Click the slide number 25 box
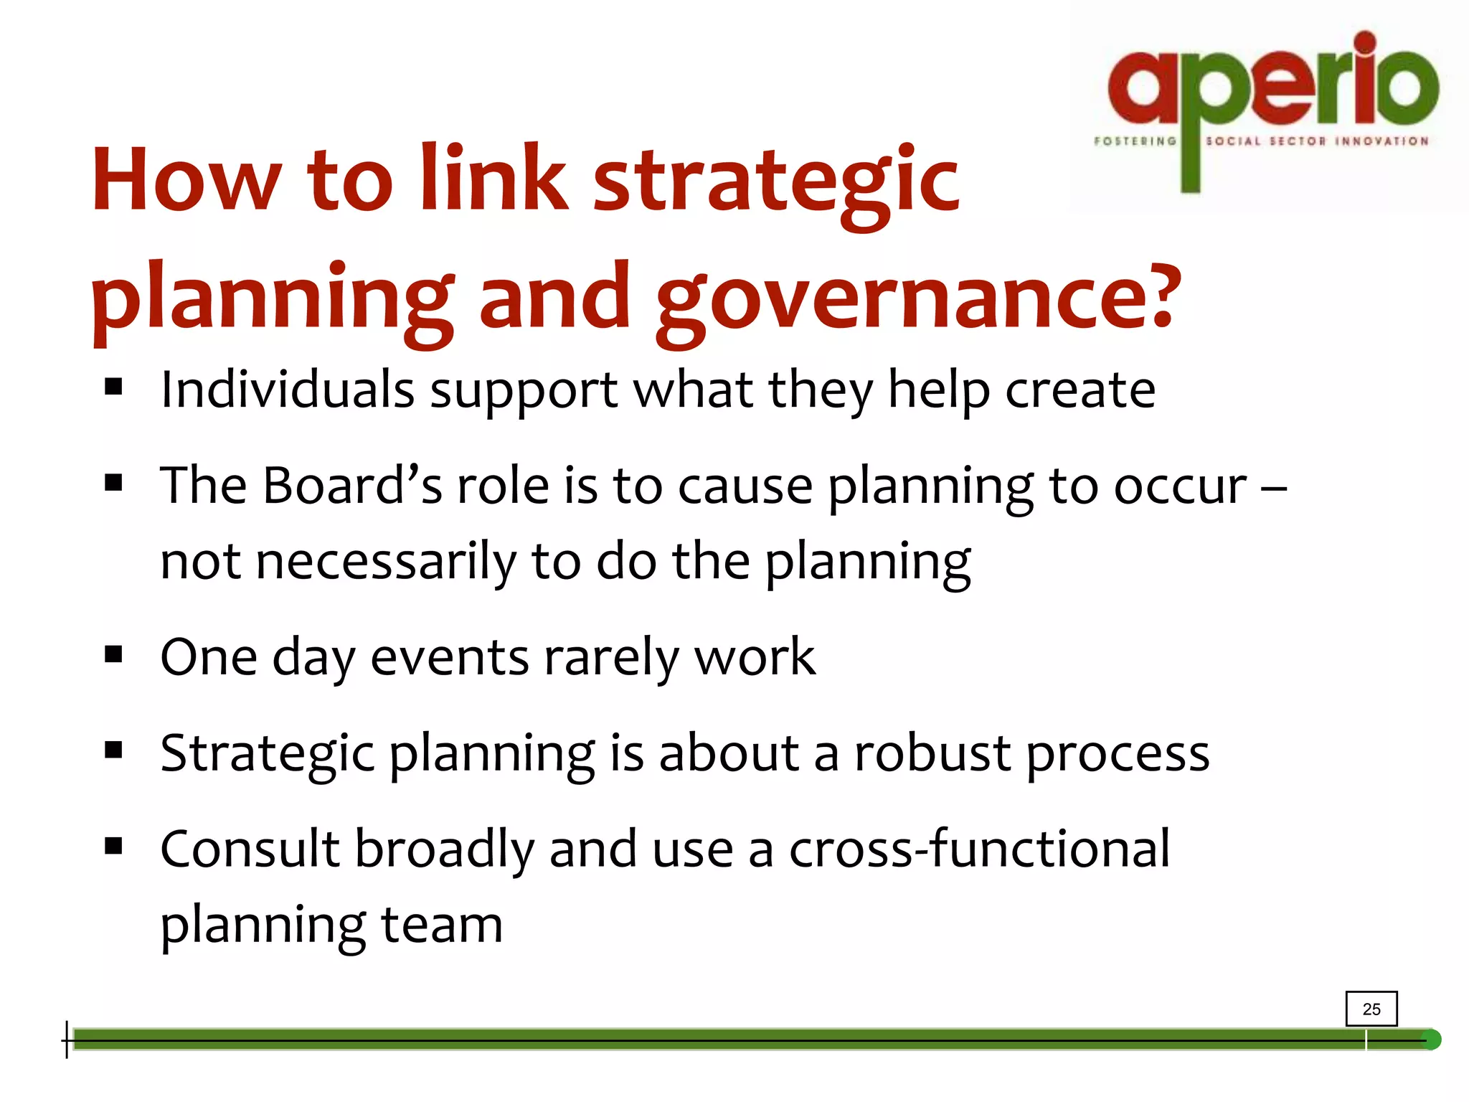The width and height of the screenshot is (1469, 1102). click(x=1371, y=1009)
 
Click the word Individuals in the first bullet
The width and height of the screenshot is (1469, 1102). click(x=287, y=390)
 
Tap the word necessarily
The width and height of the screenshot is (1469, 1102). click(x=386, y=562)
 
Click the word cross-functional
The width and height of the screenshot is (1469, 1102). click(x=979, y=849)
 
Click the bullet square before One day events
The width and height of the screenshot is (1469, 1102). click(x=113, y=654)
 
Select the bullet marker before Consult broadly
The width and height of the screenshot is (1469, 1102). click(x=113, y=847)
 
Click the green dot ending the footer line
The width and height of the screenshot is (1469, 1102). click(x=1430, y=1040)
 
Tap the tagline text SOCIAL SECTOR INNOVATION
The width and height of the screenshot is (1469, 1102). click(x=1317, y=141)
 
